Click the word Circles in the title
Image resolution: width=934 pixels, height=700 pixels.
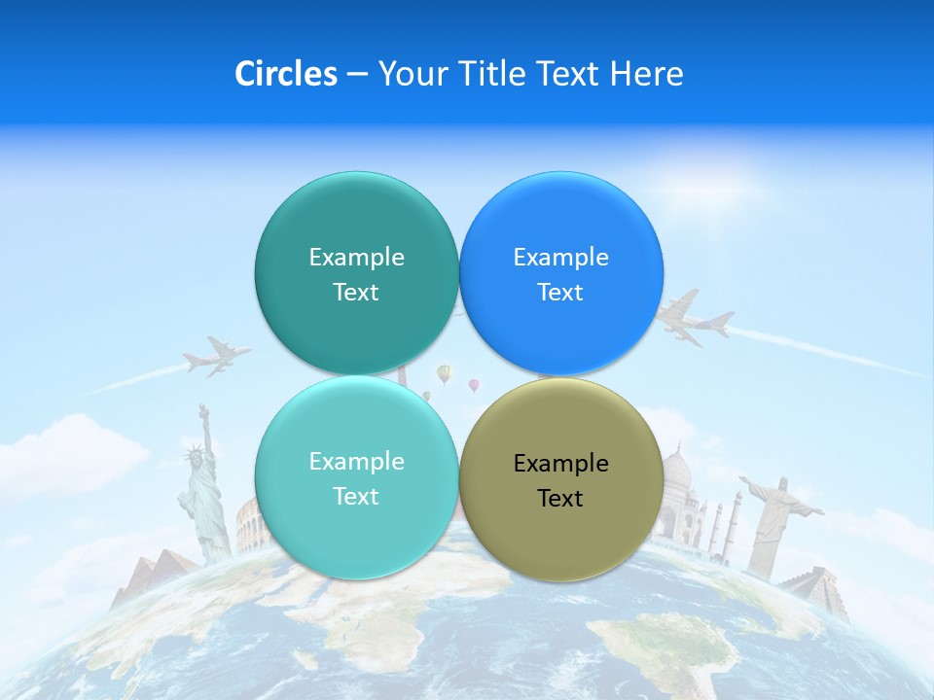coord(285,74)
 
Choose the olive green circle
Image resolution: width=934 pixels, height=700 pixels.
coord(560,535)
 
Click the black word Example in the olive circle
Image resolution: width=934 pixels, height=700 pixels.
coord(560,464)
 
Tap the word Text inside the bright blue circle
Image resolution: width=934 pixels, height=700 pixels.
coord(560,293)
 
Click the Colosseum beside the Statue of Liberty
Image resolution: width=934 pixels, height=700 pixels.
coord(247,526)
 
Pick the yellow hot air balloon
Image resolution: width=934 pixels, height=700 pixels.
coord(444,373)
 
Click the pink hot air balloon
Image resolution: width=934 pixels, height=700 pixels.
coord(474,386)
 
